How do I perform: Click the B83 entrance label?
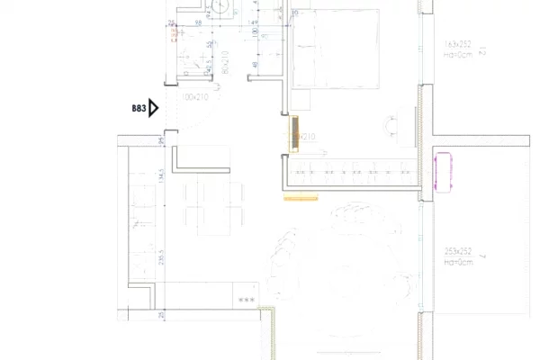coord(139,108)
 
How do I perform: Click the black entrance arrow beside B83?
coord(154,108)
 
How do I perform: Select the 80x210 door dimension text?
coord(223,61)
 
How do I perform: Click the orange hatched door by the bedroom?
coord(294,132)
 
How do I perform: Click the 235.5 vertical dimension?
coord(161,256)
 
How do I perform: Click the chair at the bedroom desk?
coord(395,125)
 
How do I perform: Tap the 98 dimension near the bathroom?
coord(197,22)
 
